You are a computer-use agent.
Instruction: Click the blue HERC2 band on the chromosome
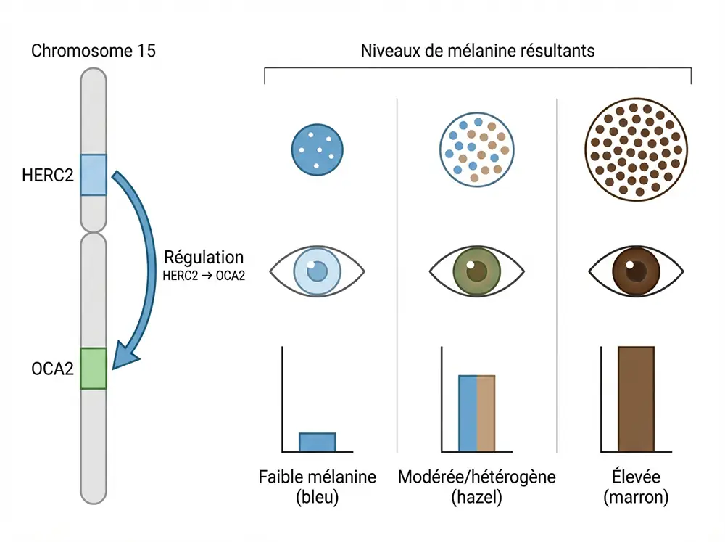(x=93, y=174)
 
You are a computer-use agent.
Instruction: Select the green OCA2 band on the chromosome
(x=93, y=369)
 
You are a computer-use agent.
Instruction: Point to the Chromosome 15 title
(x=94, y=52)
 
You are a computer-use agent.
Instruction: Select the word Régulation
(x=204, y=257)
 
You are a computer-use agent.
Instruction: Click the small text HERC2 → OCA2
(x=204, y=274)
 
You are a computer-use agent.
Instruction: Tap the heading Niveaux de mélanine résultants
(x=478, y=52)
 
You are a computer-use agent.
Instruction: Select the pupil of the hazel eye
(x=476, y=272)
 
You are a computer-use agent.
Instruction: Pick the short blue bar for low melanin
(x=318, y=441)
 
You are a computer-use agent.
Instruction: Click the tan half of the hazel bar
(x=486, y=414)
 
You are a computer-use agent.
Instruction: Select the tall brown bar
(x=636, y=399)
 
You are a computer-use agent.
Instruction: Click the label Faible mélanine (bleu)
(x=318, y=488)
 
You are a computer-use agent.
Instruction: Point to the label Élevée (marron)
(x=636, y=488)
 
